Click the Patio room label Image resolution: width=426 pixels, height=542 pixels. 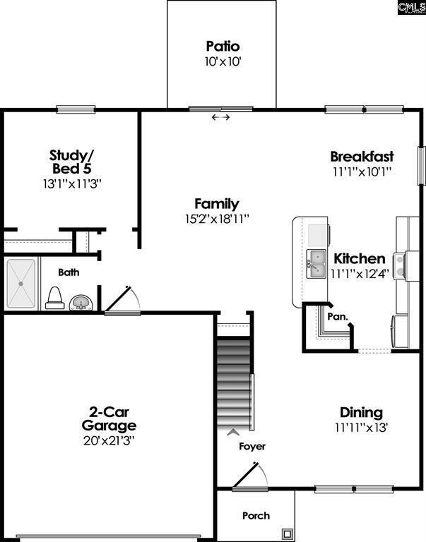click(223, 46)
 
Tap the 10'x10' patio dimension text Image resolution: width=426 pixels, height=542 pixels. click(223, 61)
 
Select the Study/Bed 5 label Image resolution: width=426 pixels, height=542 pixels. click(72, 162)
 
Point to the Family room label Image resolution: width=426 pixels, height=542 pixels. click(217, 203)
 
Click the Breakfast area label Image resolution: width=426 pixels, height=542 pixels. click(362, 156)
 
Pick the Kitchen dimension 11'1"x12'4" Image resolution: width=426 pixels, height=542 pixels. click(360, 274)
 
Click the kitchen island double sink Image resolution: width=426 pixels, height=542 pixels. click(316, 264)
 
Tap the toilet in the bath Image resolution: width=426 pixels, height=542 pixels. click(55, 298)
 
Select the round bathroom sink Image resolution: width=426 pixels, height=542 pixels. click(81, 303)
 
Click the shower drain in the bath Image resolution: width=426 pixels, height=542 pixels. click(20, 284)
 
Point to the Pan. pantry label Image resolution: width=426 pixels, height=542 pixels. click(338, 316)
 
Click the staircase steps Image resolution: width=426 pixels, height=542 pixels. click(233, 383)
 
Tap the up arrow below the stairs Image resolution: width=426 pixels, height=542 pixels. click(233, 432)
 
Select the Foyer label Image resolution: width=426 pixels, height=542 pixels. click(252, 446)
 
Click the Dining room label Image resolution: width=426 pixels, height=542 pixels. click(361, 412)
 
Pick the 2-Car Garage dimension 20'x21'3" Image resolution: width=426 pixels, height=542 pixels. click(109, 440)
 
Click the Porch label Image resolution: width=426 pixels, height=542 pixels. click(256, 516)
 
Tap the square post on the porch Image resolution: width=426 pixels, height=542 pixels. click(288, 534)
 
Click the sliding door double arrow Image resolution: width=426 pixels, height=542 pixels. click(221, 118)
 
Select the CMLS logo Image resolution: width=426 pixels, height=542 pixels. click(411, 7)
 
